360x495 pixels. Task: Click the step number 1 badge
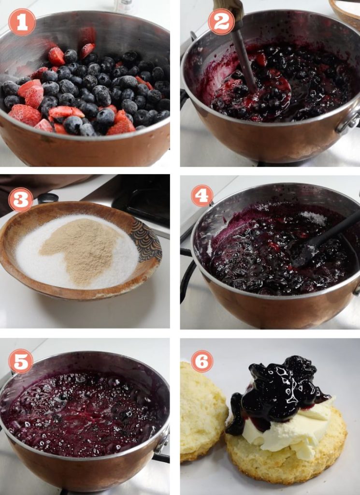(22, 22)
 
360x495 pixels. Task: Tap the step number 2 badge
(221, 21)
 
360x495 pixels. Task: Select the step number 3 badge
(21, 199)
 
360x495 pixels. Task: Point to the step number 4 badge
(202, 196)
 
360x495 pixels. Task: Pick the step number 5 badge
(21, 361)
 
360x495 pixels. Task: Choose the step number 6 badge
(202, 361)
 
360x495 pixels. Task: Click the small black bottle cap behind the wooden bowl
(48, 198)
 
